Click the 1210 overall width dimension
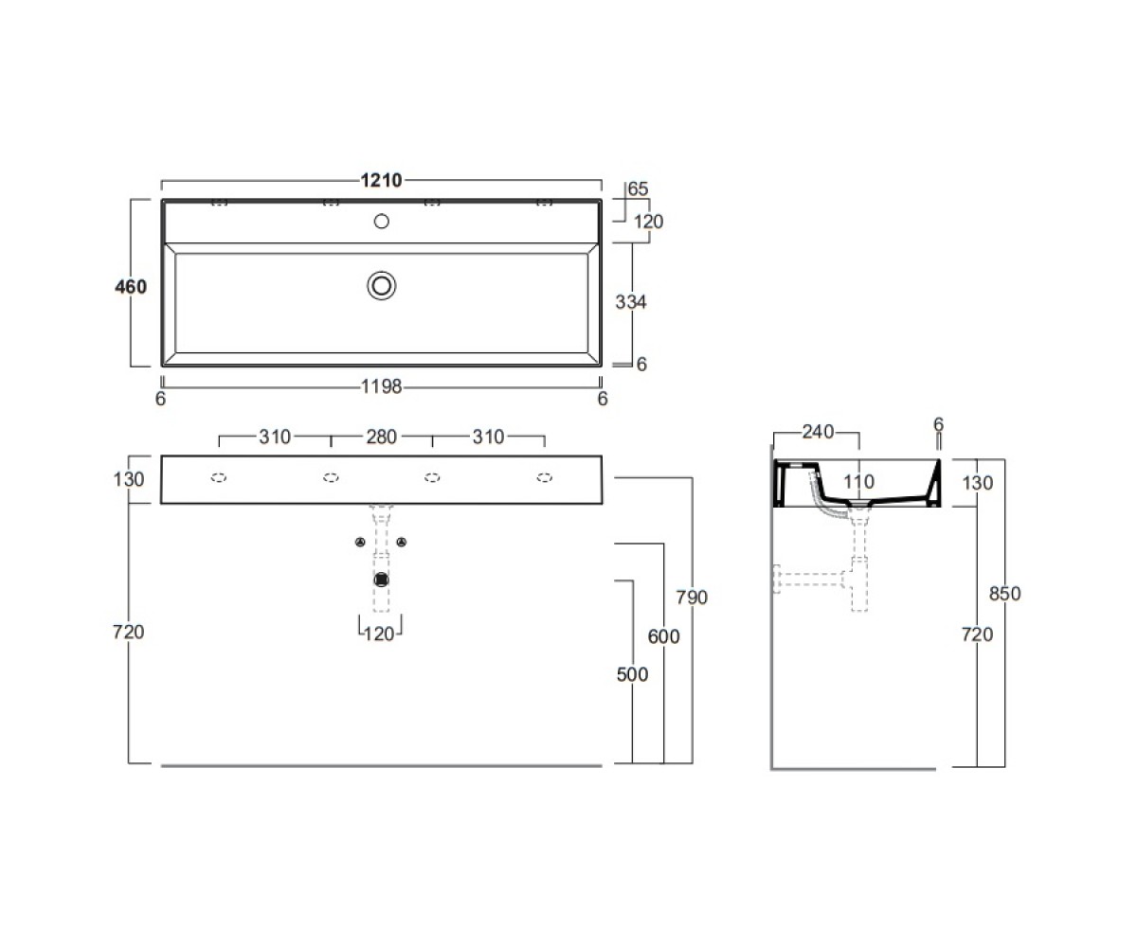381,180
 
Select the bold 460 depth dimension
131,287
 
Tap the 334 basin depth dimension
631,301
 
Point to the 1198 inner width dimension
381,386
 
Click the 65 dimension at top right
639,188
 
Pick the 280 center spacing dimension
381,437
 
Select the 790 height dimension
692,598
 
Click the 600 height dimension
664,636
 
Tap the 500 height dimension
632,674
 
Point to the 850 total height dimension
1004,593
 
